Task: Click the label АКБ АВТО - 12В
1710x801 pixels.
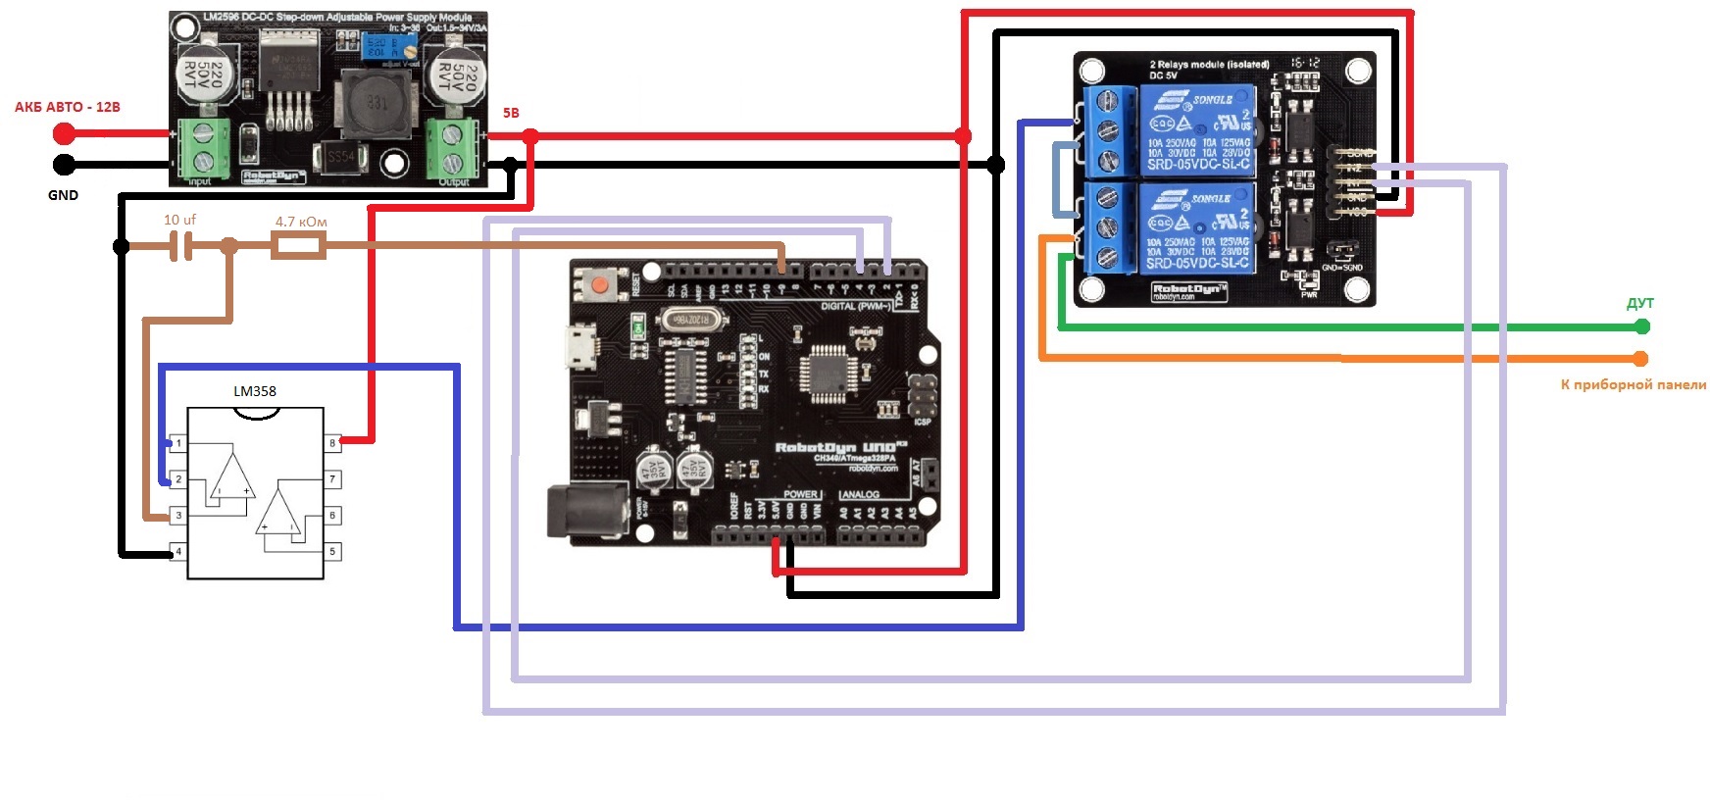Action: coord(67,107)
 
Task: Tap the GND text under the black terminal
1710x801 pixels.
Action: coord(63,195)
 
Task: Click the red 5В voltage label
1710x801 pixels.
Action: coord(511,113)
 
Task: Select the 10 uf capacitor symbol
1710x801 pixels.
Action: coord(179,246)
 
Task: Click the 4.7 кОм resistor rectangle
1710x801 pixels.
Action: coord(298,245)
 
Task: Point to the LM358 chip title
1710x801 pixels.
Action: coord(255,391)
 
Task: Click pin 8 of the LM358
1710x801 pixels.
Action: coord(332,443)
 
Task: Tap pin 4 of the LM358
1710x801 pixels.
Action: coord(178,551)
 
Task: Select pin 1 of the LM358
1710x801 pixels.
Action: coord(178,443)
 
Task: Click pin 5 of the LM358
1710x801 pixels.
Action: coord(332,551)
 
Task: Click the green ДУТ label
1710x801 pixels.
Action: coord(1639,304)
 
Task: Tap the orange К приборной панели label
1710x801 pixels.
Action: coord(1633,385)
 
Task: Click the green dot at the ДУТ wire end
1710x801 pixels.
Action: coord(1642,326)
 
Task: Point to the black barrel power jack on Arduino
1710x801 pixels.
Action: coord(586,510)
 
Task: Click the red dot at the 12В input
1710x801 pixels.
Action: coord(64,132)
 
